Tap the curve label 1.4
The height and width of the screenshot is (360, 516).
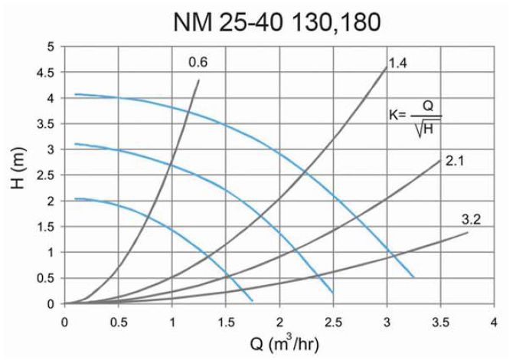[x=397, y=63]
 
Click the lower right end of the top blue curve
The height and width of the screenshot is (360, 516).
[x=413, y=277]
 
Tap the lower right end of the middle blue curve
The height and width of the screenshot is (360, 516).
[x=333, y=293]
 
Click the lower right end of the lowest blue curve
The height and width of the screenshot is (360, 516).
[x=252, y=299]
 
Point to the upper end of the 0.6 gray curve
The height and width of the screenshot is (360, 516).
[x=199, y=80]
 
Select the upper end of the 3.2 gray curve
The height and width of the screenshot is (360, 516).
[x=467, y=232]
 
